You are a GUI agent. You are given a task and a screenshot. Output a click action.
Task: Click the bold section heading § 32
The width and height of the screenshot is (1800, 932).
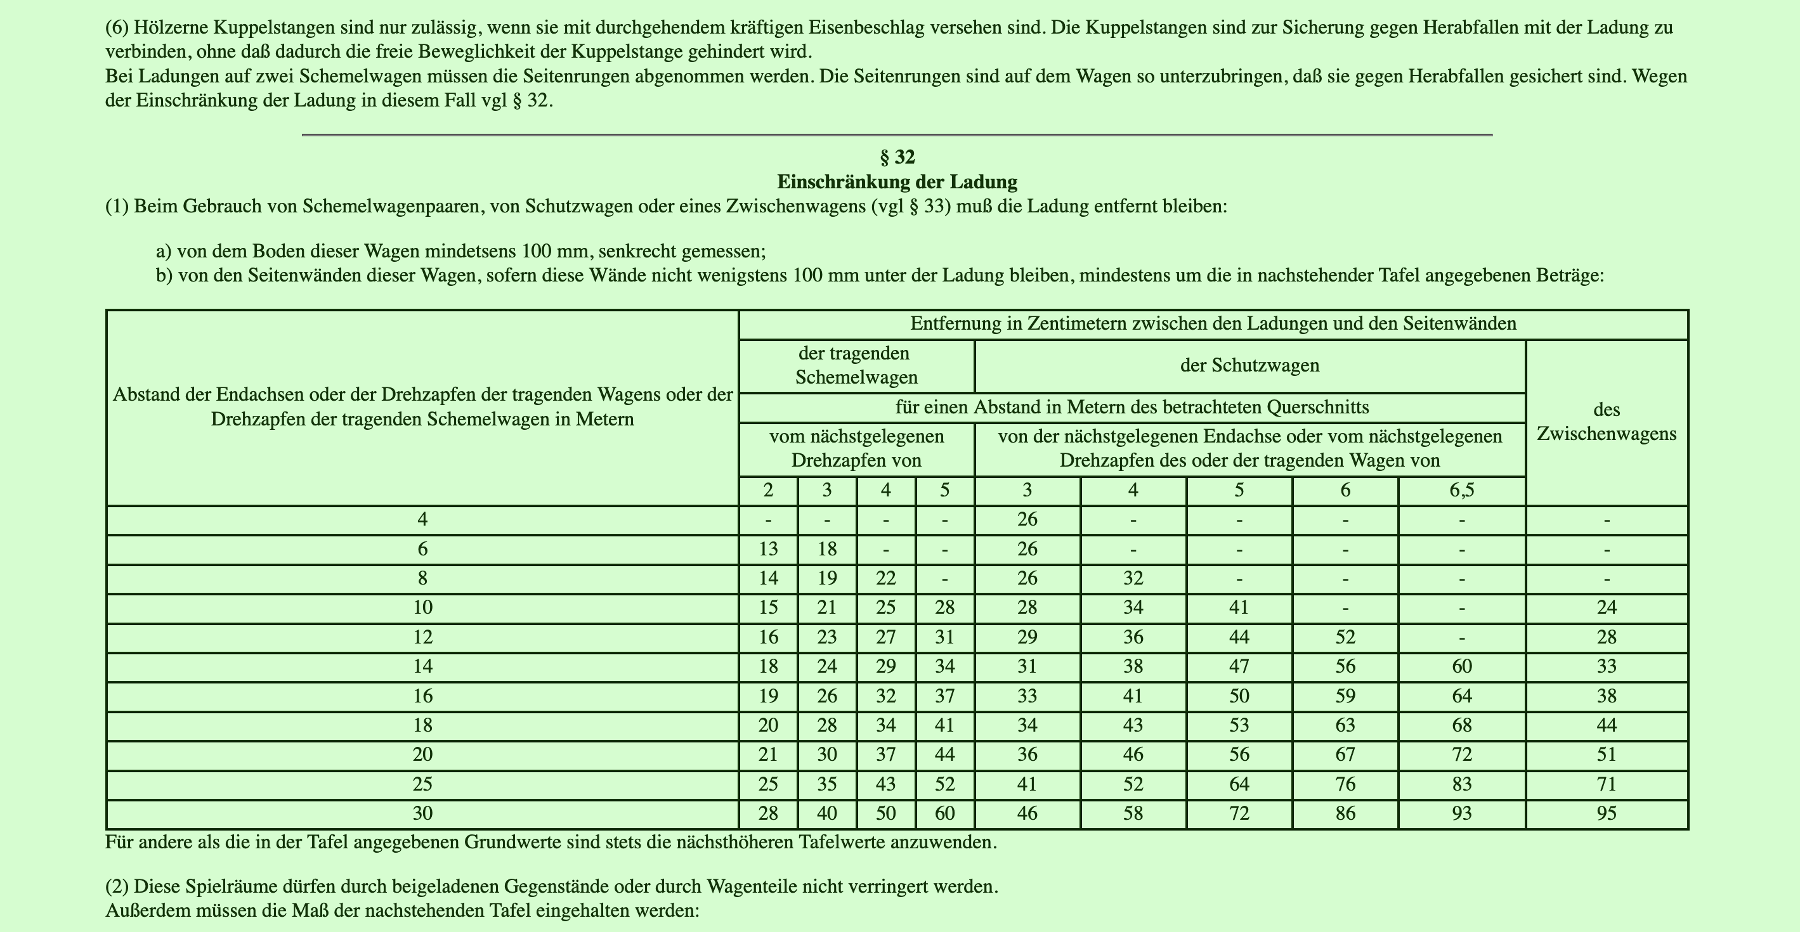tap(897, 157)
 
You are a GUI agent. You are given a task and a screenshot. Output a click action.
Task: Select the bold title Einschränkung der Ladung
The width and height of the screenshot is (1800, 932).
tap(897, 183)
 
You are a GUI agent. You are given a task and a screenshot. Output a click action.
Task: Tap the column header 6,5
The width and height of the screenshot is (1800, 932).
tap(1461, 491)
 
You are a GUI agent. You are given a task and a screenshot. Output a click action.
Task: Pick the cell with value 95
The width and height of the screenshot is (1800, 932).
tap(1607, 813)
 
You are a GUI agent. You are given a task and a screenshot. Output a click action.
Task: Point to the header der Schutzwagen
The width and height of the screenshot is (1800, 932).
tap(1249, 365)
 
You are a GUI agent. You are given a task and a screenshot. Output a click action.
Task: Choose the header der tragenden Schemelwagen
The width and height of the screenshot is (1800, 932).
tap(856, 365)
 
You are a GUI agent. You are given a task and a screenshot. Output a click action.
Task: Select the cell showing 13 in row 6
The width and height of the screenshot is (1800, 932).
tap(768, 549)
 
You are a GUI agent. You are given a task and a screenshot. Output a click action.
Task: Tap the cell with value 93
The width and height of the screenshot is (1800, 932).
tap(1461, 813)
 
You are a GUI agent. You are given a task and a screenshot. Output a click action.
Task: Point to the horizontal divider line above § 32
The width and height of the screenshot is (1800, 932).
tap(897, 134)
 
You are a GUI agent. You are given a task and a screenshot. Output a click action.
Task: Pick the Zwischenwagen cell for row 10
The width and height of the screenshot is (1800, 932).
tap(1607, 607)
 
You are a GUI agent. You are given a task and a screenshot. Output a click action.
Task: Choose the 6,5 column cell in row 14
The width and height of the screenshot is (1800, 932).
tap(1461, 666)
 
